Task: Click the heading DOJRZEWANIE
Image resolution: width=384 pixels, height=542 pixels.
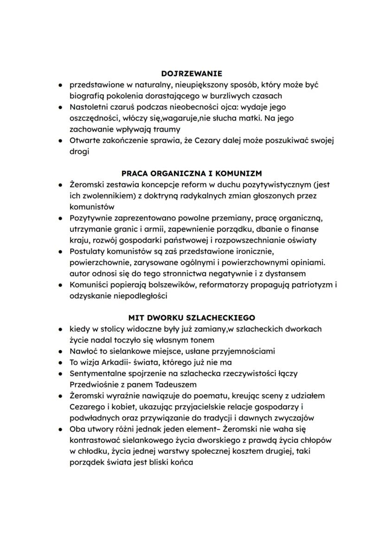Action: [192, 73]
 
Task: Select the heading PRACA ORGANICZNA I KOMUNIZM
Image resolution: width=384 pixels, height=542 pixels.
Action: [192, 173]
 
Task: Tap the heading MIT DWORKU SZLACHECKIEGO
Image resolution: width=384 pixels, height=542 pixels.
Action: [192, 318]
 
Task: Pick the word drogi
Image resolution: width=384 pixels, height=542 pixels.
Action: [79, 152]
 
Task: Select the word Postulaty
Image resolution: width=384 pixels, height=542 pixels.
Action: [87, 251]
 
